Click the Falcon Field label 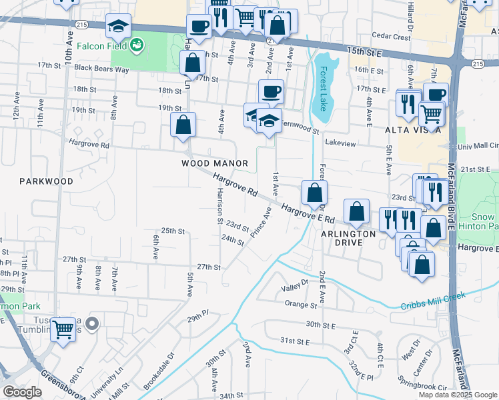[x=101, y=46]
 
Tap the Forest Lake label [x=324, y=86]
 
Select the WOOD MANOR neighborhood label [x=215, y=163]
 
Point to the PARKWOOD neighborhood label [x=46, y=181]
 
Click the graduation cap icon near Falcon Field [x=118, y=27]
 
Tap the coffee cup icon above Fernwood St [x=270, y=91]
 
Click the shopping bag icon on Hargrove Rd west [x=183, y=125]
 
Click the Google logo [x=22, y=391]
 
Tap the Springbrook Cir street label [x=422, y=386]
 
